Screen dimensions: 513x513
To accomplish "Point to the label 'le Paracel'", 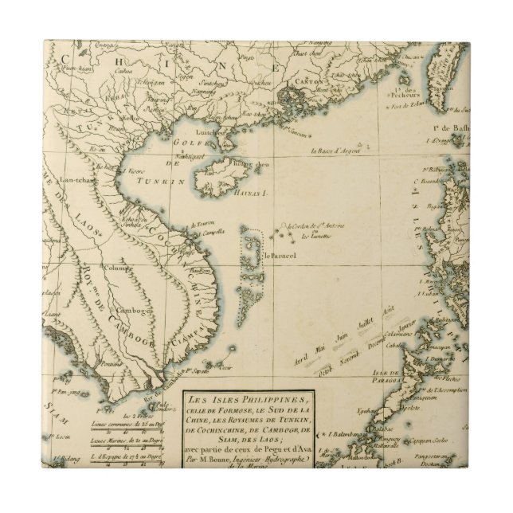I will (x=280, y=256).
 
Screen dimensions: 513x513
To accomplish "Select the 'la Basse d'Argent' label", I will (x=335, y=151).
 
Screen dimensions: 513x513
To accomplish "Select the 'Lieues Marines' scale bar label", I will (x=114, y=437).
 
